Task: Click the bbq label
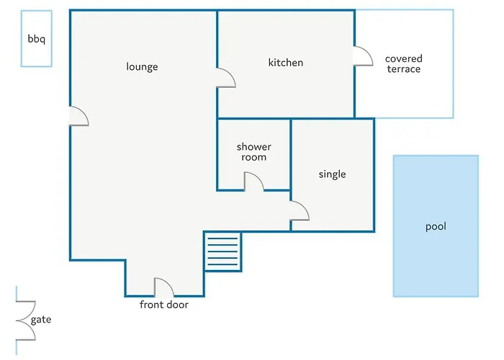36,39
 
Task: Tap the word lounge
142,66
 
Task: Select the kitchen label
286,63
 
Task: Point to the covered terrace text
404,63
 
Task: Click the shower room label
254,152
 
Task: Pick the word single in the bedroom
333,174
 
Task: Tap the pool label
436,227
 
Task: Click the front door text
164,305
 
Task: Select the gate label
41,320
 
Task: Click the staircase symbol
222,252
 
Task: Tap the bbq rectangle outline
21,39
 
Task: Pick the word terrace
404,69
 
